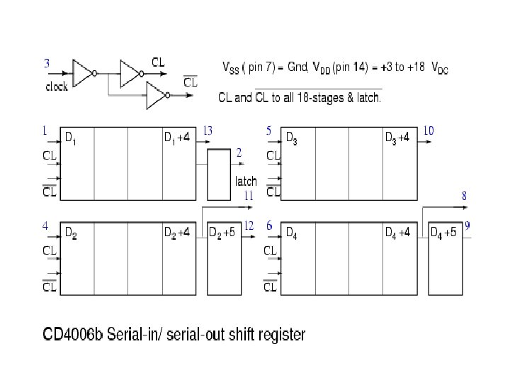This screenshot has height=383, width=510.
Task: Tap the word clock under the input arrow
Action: pos(57,87)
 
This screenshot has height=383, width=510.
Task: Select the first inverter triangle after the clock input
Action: pos(83,72)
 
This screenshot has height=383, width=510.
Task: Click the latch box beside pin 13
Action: pos(220,174)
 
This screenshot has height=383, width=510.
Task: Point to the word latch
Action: pos(246,182)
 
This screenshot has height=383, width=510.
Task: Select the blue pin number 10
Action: pos(429,131)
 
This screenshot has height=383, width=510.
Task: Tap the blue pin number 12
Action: pos(249,226)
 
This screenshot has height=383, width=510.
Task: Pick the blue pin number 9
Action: pos(468,226)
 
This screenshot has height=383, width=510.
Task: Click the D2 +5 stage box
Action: pos(222,259)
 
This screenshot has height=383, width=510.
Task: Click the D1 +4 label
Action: pos(177,138)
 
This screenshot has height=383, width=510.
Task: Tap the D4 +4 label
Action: pos(397,232)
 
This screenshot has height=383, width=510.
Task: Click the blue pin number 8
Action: pos(464,195)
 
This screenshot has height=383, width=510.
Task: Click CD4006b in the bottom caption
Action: pos(72,333)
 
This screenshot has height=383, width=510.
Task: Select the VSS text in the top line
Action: pos(232,68)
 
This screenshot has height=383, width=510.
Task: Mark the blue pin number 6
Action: pos(269,226)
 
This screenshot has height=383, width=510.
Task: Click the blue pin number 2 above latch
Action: pos(239,152)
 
